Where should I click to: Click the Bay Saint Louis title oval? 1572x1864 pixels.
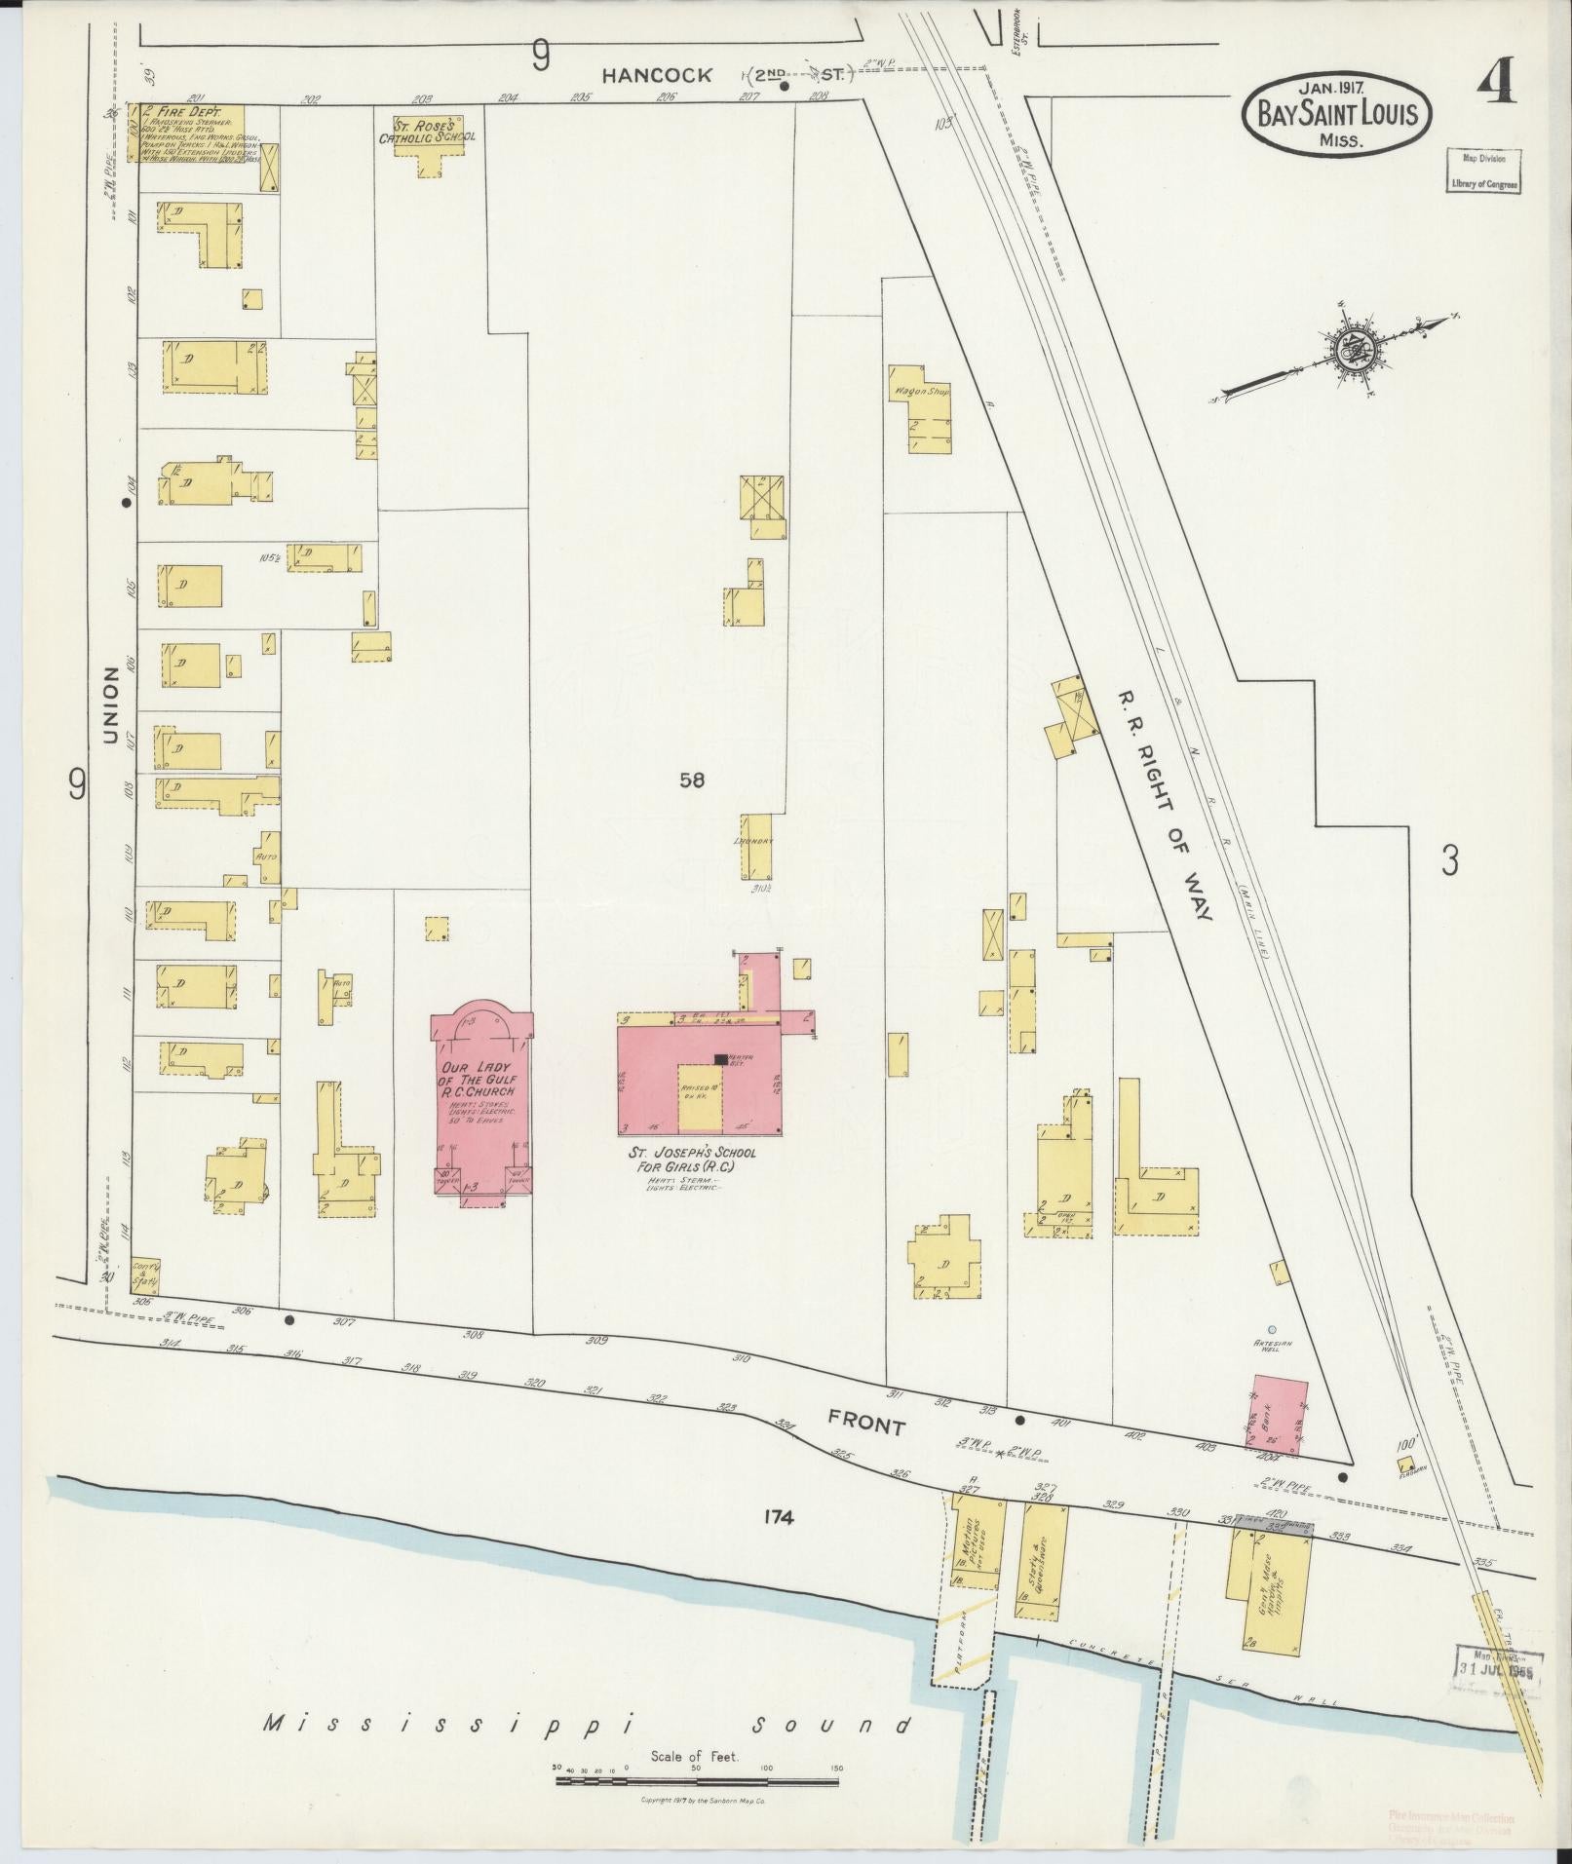pyautogui.click(x=1335, y=114)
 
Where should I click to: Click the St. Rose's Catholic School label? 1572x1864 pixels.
pyautogui.click(x=427, y=131)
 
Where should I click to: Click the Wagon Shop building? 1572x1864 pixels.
pyautogui.click(x=917, y=409)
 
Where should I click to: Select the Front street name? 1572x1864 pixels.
pyautogui.click(x=866, y=1425)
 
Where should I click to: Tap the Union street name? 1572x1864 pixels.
pyautogui.click(x=110, y=705)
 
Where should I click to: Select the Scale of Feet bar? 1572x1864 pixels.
pyautogui.click(x=696, y=1781)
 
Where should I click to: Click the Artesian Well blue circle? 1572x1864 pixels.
pyautogui.click(x=1271, y=1329)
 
